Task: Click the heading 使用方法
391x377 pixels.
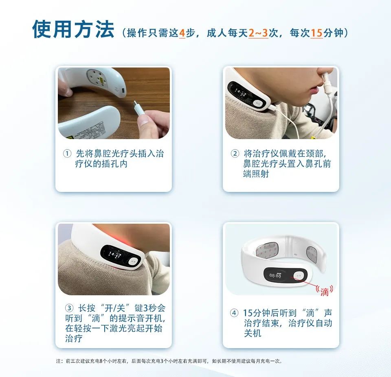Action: pos(73,29)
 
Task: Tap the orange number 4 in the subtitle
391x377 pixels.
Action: pos(182,33)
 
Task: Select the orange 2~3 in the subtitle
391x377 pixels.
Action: pos(258,33)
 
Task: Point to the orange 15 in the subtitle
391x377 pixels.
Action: pos(316,33)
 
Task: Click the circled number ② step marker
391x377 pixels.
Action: pos(235,154)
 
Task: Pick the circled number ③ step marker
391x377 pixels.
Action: pos(70,307)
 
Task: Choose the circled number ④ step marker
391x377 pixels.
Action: pos(234,313)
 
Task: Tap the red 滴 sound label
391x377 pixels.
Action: pos(324,291)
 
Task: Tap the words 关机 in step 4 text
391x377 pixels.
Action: pos(253,333)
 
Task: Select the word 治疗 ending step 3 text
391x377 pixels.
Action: pos(74,338)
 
